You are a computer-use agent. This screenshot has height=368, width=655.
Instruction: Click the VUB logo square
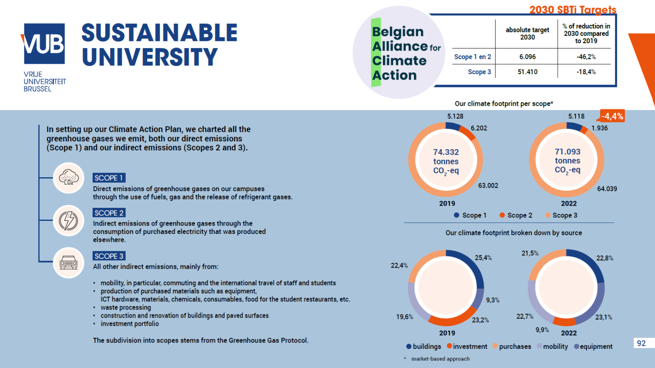click(x=44, y=44)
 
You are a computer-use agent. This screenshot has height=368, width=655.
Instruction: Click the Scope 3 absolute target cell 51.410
click(x=527, y=72)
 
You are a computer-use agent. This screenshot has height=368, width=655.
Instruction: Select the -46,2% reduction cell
click(x=586, y=57)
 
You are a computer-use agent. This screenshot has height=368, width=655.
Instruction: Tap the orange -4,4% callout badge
click(x=612, y=116)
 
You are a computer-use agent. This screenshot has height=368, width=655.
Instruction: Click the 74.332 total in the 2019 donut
click(x=446, y=152)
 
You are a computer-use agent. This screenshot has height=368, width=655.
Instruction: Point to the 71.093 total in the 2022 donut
click(x=567, y=152)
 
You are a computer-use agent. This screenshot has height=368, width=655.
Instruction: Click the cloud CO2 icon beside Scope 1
click(x=69, y=178)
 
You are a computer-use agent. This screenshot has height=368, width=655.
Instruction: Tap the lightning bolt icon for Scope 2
click(x=69, y=220)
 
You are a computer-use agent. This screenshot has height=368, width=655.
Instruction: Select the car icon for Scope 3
click(x=69, y=263)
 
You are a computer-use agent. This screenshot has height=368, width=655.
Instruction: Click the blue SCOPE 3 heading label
click(x=109, y=256)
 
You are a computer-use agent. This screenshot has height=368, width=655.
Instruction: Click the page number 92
click(x=641, y=343)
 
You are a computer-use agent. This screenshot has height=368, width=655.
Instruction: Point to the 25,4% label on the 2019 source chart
click(x=483, y=258)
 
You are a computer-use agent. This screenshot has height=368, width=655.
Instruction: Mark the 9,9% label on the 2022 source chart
click(x=542, y=330)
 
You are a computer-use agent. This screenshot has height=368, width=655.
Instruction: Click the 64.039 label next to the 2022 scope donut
click(x=607, y=189)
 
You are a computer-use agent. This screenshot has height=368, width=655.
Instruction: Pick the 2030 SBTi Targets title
click(x=572, y=10)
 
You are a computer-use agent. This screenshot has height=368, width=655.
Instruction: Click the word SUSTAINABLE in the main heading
click(x=159, y=33)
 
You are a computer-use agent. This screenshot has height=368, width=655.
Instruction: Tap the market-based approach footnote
click(x=440, y=359)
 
